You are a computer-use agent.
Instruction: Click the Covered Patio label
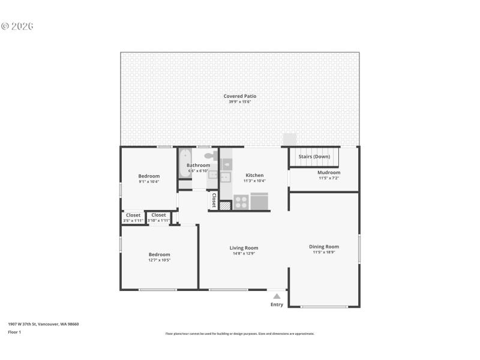click(240, 96)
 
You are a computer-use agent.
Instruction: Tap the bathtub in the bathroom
click(184, 163)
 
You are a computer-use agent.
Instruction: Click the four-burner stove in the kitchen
click(241, 202)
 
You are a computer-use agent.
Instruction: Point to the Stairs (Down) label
click(314, 157)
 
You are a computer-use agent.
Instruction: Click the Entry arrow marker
click(277, 295)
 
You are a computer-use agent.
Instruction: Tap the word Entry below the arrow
click(277, 305)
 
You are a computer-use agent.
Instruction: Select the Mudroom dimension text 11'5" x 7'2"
click(329, 178)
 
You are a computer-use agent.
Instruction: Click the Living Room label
click(244, 248)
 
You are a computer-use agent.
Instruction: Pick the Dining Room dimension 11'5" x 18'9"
click(324, 253)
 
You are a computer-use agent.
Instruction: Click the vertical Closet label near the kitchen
click(213, 200)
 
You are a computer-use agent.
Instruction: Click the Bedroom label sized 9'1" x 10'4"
click(149, 176)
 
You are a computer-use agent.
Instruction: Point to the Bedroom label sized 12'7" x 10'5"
click(160, 254)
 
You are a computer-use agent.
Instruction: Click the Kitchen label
click(254, 175)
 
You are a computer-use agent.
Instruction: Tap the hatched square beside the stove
click(224, 205)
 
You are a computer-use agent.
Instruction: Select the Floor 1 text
click(14, 332)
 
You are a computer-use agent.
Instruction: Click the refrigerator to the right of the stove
click(259, 201)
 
